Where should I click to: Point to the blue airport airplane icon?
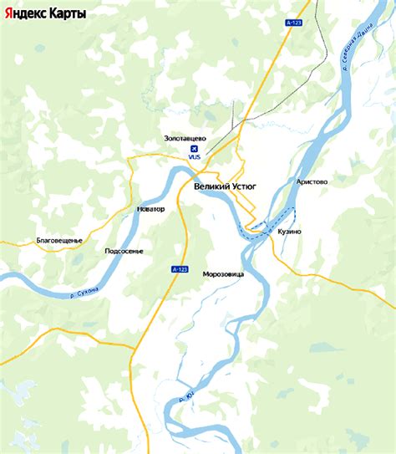[195, 148]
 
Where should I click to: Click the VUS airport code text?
[195, 157]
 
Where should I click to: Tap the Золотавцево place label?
[185, 138]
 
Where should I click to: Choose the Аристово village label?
[312, 181]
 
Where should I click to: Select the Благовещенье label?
[60, 241]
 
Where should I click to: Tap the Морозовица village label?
[223, 273]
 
